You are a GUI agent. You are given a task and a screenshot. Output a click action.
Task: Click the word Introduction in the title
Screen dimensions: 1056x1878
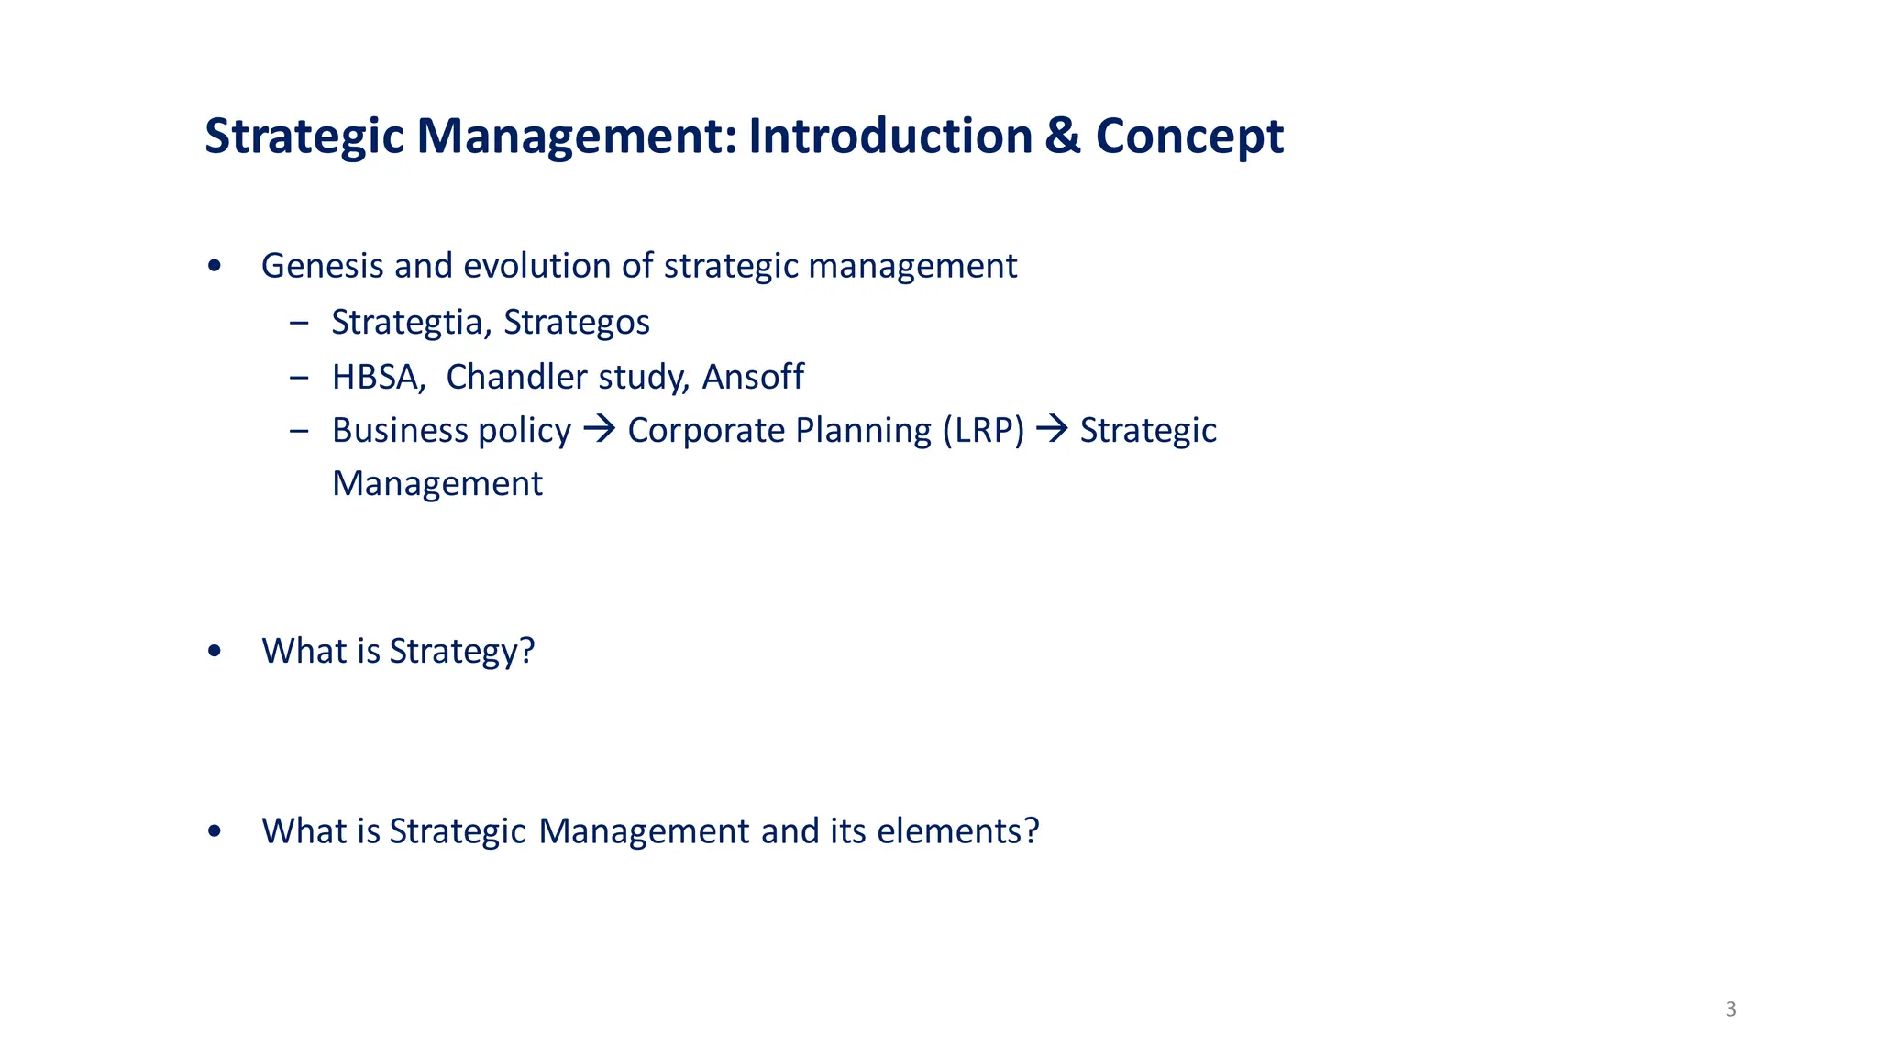click(x=890, y=137)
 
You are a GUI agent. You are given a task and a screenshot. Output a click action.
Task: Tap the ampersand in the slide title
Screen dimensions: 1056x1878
click(x=1063, y=137)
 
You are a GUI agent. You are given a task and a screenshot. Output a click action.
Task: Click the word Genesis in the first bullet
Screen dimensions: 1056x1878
click(x=322, y=266)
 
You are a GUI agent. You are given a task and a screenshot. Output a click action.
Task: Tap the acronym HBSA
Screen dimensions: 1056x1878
click(x=378, y=377)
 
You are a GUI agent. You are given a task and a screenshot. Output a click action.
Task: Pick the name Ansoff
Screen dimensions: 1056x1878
click(x=753, y=377)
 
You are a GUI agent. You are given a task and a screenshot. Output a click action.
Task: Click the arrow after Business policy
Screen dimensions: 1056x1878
click(x=600, y=429)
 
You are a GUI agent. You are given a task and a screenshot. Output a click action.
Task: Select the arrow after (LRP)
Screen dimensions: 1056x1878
click(x=1052, y=429)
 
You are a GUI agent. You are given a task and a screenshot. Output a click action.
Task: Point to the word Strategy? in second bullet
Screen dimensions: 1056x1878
click(x=461, y=652)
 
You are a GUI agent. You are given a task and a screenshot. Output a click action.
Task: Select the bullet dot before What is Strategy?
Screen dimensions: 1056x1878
click(x=215, y=651)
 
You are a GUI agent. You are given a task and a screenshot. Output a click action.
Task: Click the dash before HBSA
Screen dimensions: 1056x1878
click(x=299, y=377)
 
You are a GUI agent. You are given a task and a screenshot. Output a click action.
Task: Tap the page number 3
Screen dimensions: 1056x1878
click(x=1730, y=1009)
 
